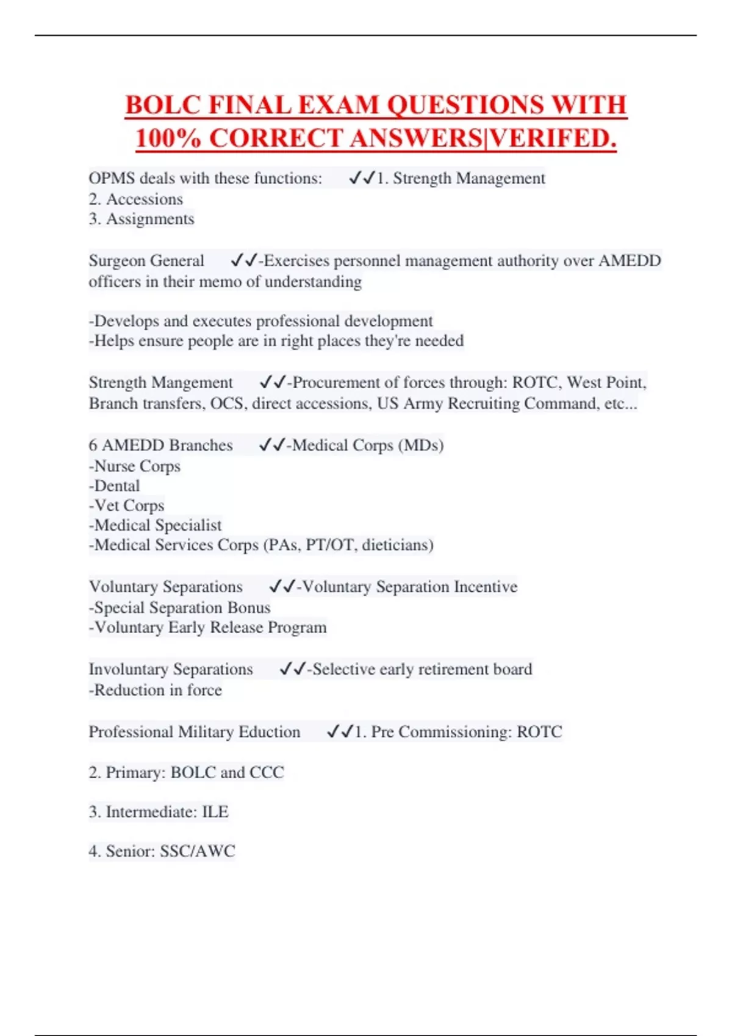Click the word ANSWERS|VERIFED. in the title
(x=484, y=138)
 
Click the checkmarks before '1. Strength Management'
(x=361, y=178)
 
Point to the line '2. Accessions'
(x=135, y=199)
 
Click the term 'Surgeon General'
(x=146, y=261)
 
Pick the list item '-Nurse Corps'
(x=135, y=466)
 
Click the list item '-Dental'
(x=114, y=486)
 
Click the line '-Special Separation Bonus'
(x=179, y=608)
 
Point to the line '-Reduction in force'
(x=155, y=690)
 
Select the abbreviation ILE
(x=215, y=812)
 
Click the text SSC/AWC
(x=197, y=851)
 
